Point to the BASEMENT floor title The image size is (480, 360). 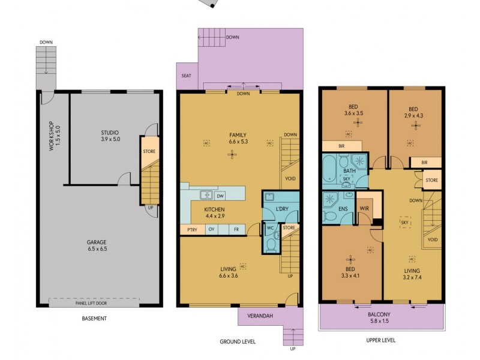tap(94, 319)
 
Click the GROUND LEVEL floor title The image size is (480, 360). tap(238, 341)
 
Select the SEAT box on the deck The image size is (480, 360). tap(186, 76)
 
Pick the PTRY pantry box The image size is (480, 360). tap(191, 229)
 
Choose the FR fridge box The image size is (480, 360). tap(236, 229)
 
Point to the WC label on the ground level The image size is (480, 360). tap(270, 228)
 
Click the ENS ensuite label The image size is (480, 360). tap(343, 209)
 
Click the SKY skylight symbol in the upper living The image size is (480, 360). tap(404, 222)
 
